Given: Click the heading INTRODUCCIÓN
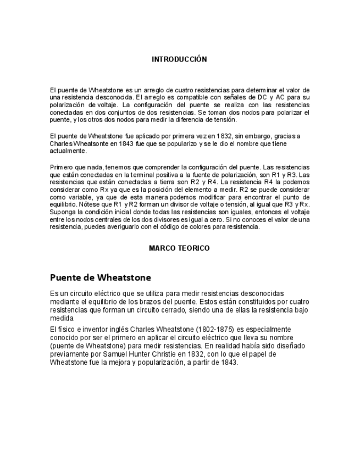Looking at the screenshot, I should tap(179, 59).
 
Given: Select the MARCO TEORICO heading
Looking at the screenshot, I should tap(179, 248).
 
